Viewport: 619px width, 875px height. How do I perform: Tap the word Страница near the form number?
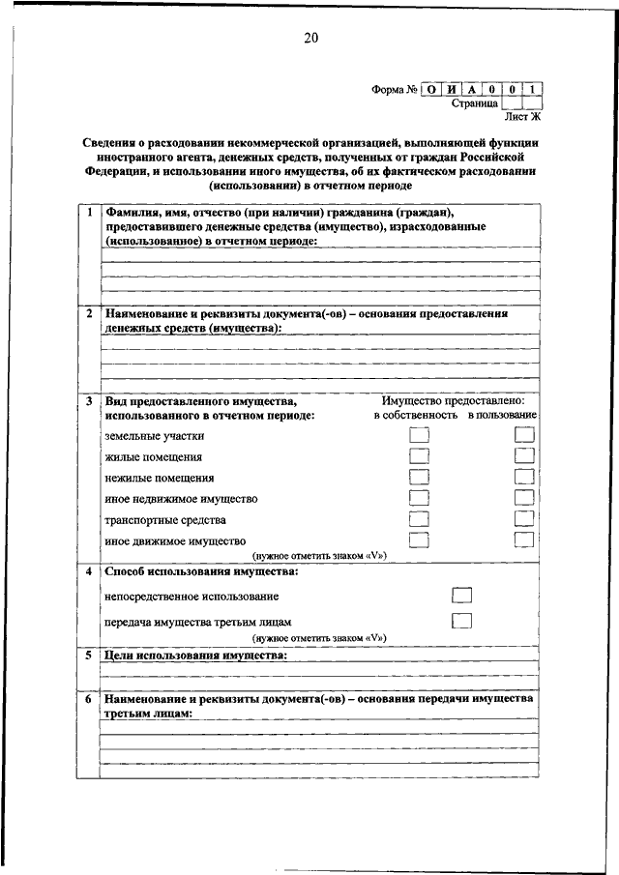[x=475, y=102]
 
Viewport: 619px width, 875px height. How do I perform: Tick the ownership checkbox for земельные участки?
[x=419, y=435]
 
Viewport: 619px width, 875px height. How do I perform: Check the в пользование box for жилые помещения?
[x=524, y=456]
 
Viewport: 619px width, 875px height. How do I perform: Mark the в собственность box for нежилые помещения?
[x=419, y=478]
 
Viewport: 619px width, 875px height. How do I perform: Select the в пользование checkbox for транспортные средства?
[x=524, y=519]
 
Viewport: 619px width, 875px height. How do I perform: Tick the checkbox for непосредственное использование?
[x=461, y=596]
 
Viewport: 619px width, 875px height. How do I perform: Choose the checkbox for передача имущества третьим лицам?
[x=461, y=621]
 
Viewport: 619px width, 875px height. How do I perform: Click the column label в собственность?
[x=416, y=415]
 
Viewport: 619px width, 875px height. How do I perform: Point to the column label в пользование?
[x=503, y=415]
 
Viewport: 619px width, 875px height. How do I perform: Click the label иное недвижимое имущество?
[x=181, y=499]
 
